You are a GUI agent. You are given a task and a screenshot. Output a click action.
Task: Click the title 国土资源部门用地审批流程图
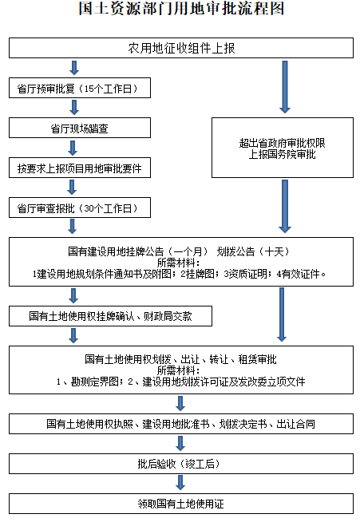(x=181, y=8)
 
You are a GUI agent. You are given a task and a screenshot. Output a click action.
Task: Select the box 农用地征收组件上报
(x=181, y=48)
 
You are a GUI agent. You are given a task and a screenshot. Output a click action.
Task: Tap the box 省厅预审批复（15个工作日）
(x=80, y=88)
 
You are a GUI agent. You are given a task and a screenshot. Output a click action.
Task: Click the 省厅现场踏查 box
(x=80, y=128)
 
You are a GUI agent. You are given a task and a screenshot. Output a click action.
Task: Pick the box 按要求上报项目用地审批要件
(x=80, y=168)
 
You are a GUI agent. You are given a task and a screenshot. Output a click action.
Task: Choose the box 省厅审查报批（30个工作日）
(x=80, y=208)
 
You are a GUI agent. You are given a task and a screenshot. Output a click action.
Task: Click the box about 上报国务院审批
(x=283, y=148)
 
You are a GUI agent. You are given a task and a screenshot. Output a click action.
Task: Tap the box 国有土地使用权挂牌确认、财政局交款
(x=111, y=316)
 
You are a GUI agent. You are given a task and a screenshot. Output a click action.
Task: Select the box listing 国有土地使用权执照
(x=181, y=424)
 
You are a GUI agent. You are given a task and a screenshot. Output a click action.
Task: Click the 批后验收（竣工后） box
(x=181, y=464)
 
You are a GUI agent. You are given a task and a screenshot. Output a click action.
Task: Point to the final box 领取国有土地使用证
(x=181, y=504)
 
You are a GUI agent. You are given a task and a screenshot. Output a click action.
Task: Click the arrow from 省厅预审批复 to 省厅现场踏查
(x=74, y=107)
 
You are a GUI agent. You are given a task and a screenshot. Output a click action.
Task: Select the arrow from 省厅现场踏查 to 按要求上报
(x=73, y=148)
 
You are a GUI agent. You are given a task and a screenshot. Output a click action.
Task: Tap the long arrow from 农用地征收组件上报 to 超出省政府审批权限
(x=285, y=87)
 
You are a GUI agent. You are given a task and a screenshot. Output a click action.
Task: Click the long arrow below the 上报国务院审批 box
(x=285, y=207)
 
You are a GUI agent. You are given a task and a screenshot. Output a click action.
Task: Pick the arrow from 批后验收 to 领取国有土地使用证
(x=180, y=483)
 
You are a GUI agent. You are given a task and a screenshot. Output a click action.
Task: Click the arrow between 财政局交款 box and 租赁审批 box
(x=73, y=335)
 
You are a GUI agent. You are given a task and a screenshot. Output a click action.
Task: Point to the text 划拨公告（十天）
(x=253, y=251)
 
